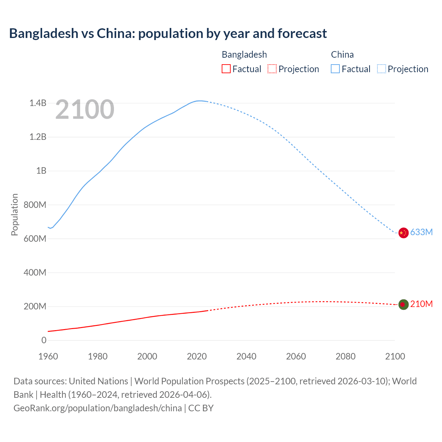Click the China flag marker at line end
point(403,233)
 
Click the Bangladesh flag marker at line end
point(403,305)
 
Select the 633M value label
point(421,232)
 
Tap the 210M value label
point(421,304)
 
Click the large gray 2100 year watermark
point(85,109)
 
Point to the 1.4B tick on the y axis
point(38,103)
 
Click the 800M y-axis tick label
point(35,205)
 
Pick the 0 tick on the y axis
point(44,340)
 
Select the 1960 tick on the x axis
point(48,356)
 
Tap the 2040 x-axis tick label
point(246,356)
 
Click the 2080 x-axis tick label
point(345,356)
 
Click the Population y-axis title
point(15,214)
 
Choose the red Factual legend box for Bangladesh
point(226,69)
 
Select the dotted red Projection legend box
point(272,69)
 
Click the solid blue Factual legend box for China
point(335,69)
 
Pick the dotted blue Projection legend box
point(382,69)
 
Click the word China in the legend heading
point(342,55)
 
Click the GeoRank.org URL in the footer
point(98,408)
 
